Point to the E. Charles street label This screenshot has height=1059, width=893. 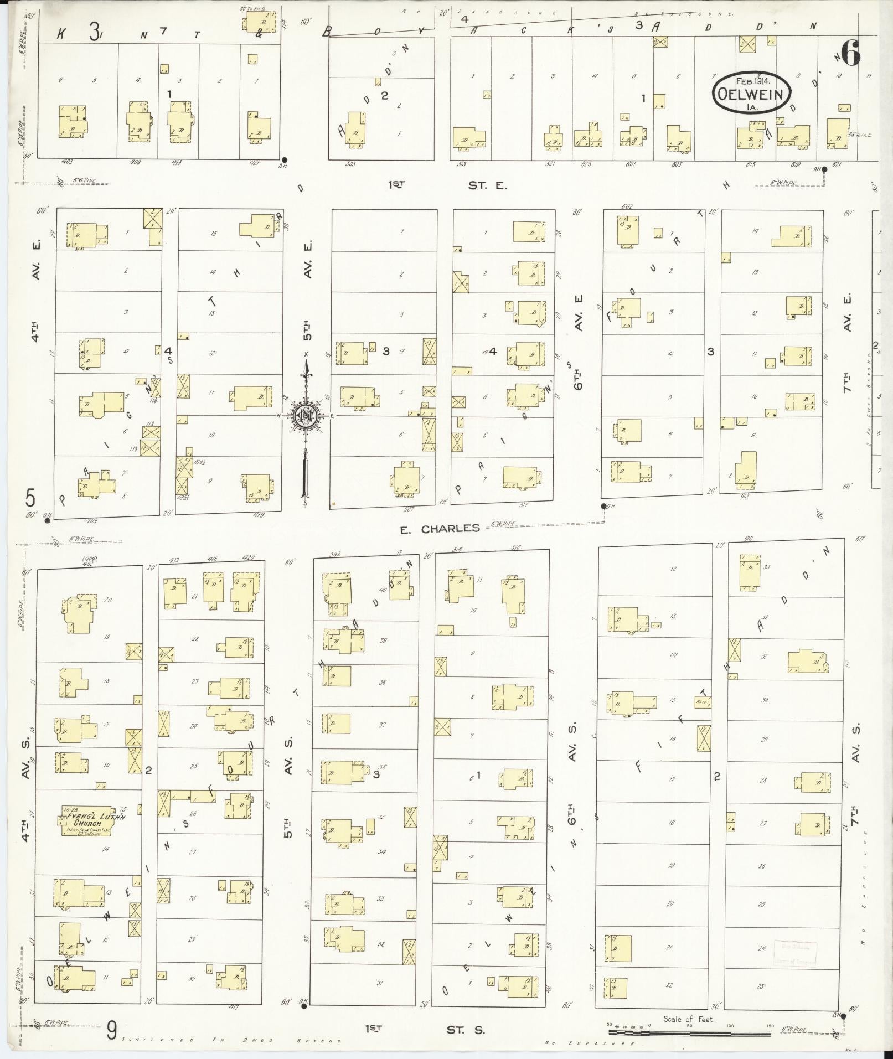[440, 529]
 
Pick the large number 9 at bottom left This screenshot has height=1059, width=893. [112, 1031]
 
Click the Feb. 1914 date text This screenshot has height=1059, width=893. [751, 81]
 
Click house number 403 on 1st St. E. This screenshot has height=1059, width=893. [68, 162]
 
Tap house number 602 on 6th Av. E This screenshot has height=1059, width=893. [627, 206]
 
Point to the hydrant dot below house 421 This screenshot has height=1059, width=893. [284, 159]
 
